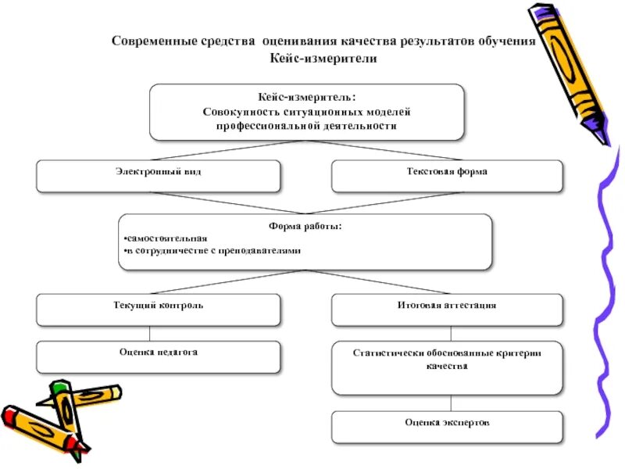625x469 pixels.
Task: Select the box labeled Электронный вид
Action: click(158, 176)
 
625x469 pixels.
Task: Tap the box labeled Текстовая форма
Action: click(446, 176)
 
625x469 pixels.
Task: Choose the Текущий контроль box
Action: click(158, 310)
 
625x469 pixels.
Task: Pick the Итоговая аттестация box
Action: click(446, 310)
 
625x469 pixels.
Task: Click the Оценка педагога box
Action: click(158, 356)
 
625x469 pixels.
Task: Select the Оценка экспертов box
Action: click(446, 427)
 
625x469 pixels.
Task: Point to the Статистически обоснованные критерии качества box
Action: click(446, 367)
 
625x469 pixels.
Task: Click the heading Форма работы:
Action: click(305, 227)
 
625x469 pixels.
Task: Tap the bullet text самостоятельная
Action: click(166, 238)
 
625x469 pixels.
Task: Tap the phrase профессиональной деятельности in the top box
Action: click(306, 125)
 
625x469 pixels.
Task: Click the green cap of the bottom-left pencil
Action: click(60, 387)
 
